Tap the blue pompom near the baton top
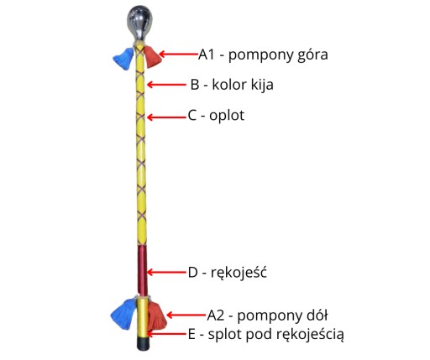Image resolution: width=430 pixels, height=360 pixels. pyautogui.click(x=123, y=59)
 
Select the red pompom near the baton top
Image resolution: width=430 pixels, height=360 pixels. pyautogui.click(x=152, y=57)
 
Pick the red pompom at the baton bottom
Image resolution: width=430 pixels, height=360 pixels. pyautogui.click(x=157, y=316)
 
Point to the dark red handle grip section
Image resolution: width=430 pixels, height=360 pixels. pyautogui.click(x=142, y=270)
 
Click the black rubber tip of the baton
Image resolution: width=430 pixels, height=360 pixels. pyautogui.click(x=143, y=343)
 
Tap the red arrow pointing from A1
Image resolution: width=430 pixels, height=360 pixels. pyautogui.click(x=179, y=54)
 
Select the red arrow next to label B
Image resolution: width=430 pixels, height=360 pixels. pyautogui.click(x=166, y=85)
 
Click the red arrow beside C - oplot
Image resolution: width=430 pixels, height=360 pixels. pyautogui.click(x=167, y=117)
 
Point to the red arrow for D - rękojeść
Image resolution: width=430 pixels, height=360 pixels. pyautogui.click(x=166, y=272)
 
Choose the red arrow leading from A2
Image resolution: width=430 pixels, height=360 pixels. pyautogui.click(x=186, y=316)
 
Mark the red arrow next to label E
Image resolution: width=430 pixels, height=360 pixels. pyautogui.click(x=167, y=334)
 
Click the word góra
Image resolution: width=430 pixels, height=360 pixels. pyautogui.click(x=312, y=55)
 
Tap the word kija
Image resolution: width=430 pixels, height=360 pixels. pyautogui.click(x=262, y=85)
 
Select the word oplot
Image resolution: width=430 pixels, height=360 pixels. pyautogui.click(x=227, y=116)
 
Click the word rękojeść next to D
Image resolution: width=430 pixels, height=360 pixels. pyautogui.click(x=239, y=273)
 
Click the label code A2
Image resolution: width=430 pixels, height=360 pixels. pyautogui.click(x=216, y=316)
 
